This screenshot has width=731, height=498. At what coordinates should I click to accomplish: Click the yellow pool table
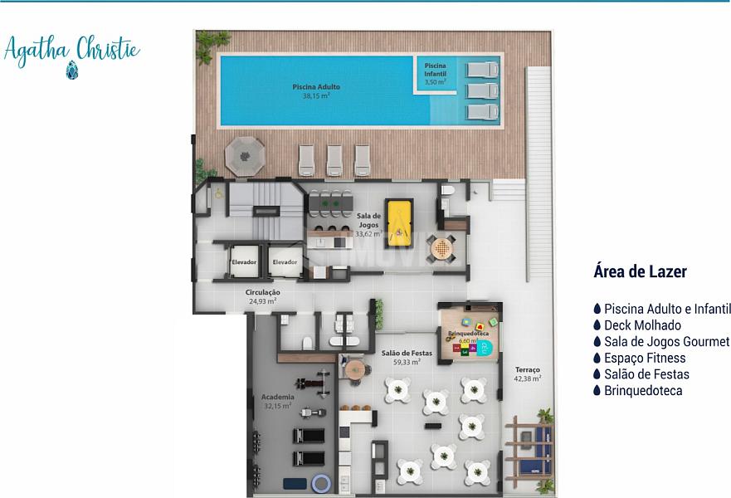[397, 224]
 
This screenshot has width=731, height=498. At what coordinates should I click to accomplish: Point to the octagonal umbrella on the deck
[245, 156]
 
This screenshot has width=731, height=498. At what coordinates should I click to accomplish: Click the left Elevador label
[244, 262]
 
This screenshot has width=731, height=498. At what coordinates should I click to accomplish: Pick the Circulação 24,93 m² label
[263, 296]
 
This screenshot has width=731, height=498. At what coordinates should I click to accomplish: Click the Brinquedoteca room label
[469, 334]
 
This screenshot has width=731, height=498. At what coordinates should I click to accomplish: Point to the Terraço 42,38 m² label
[527, 374]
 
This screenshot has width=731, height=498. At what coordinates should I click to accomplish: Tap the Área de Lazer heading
[640, 271]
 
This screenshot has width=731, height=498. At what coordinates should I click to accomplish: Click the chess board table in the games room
[441, 248]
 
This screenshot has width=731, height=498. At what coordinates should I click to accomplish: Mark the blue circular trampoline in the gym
[321, 484]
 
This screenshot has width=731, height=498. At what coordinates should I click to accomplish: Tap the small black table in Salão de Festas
[433, 426]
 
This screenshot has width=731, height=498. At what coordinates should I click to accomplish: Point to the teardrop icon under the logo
[72, 70]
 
